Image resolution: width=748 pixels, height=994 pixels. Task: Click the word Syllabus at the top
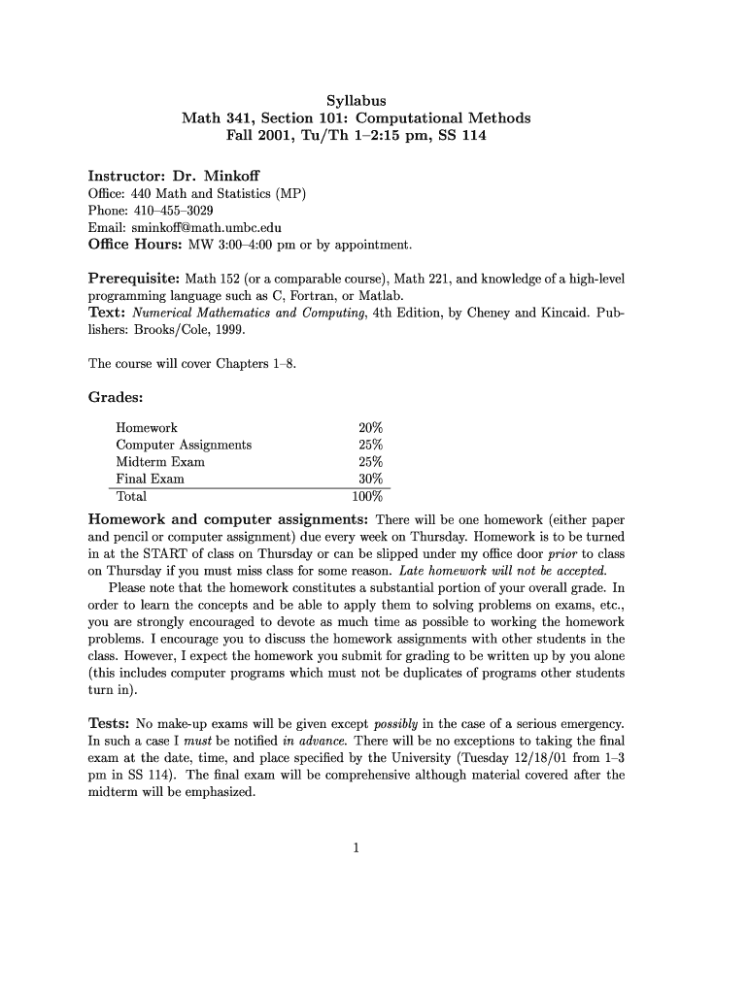[x=357, y=100]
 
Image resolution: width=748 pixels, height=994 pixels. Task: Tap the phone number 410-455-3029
[x=171, y=211]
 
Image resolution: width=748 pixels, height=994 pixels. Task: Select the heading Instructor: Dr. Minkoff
[x=168, y=176]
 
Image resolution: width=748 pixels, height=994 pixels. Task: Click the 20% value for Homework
[x=370, y=427]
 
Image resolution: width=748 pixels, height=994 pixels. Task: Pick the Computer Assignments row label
[x=184, y=445]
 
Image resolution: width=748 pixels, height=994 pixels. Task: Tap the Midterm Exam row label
[x=160, y=462]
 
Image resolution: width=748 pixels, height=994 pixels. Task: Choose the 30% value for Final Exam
[x=370, y=480]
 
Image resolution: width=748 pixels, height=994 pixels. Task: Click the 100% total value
[x=367, y=497]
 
